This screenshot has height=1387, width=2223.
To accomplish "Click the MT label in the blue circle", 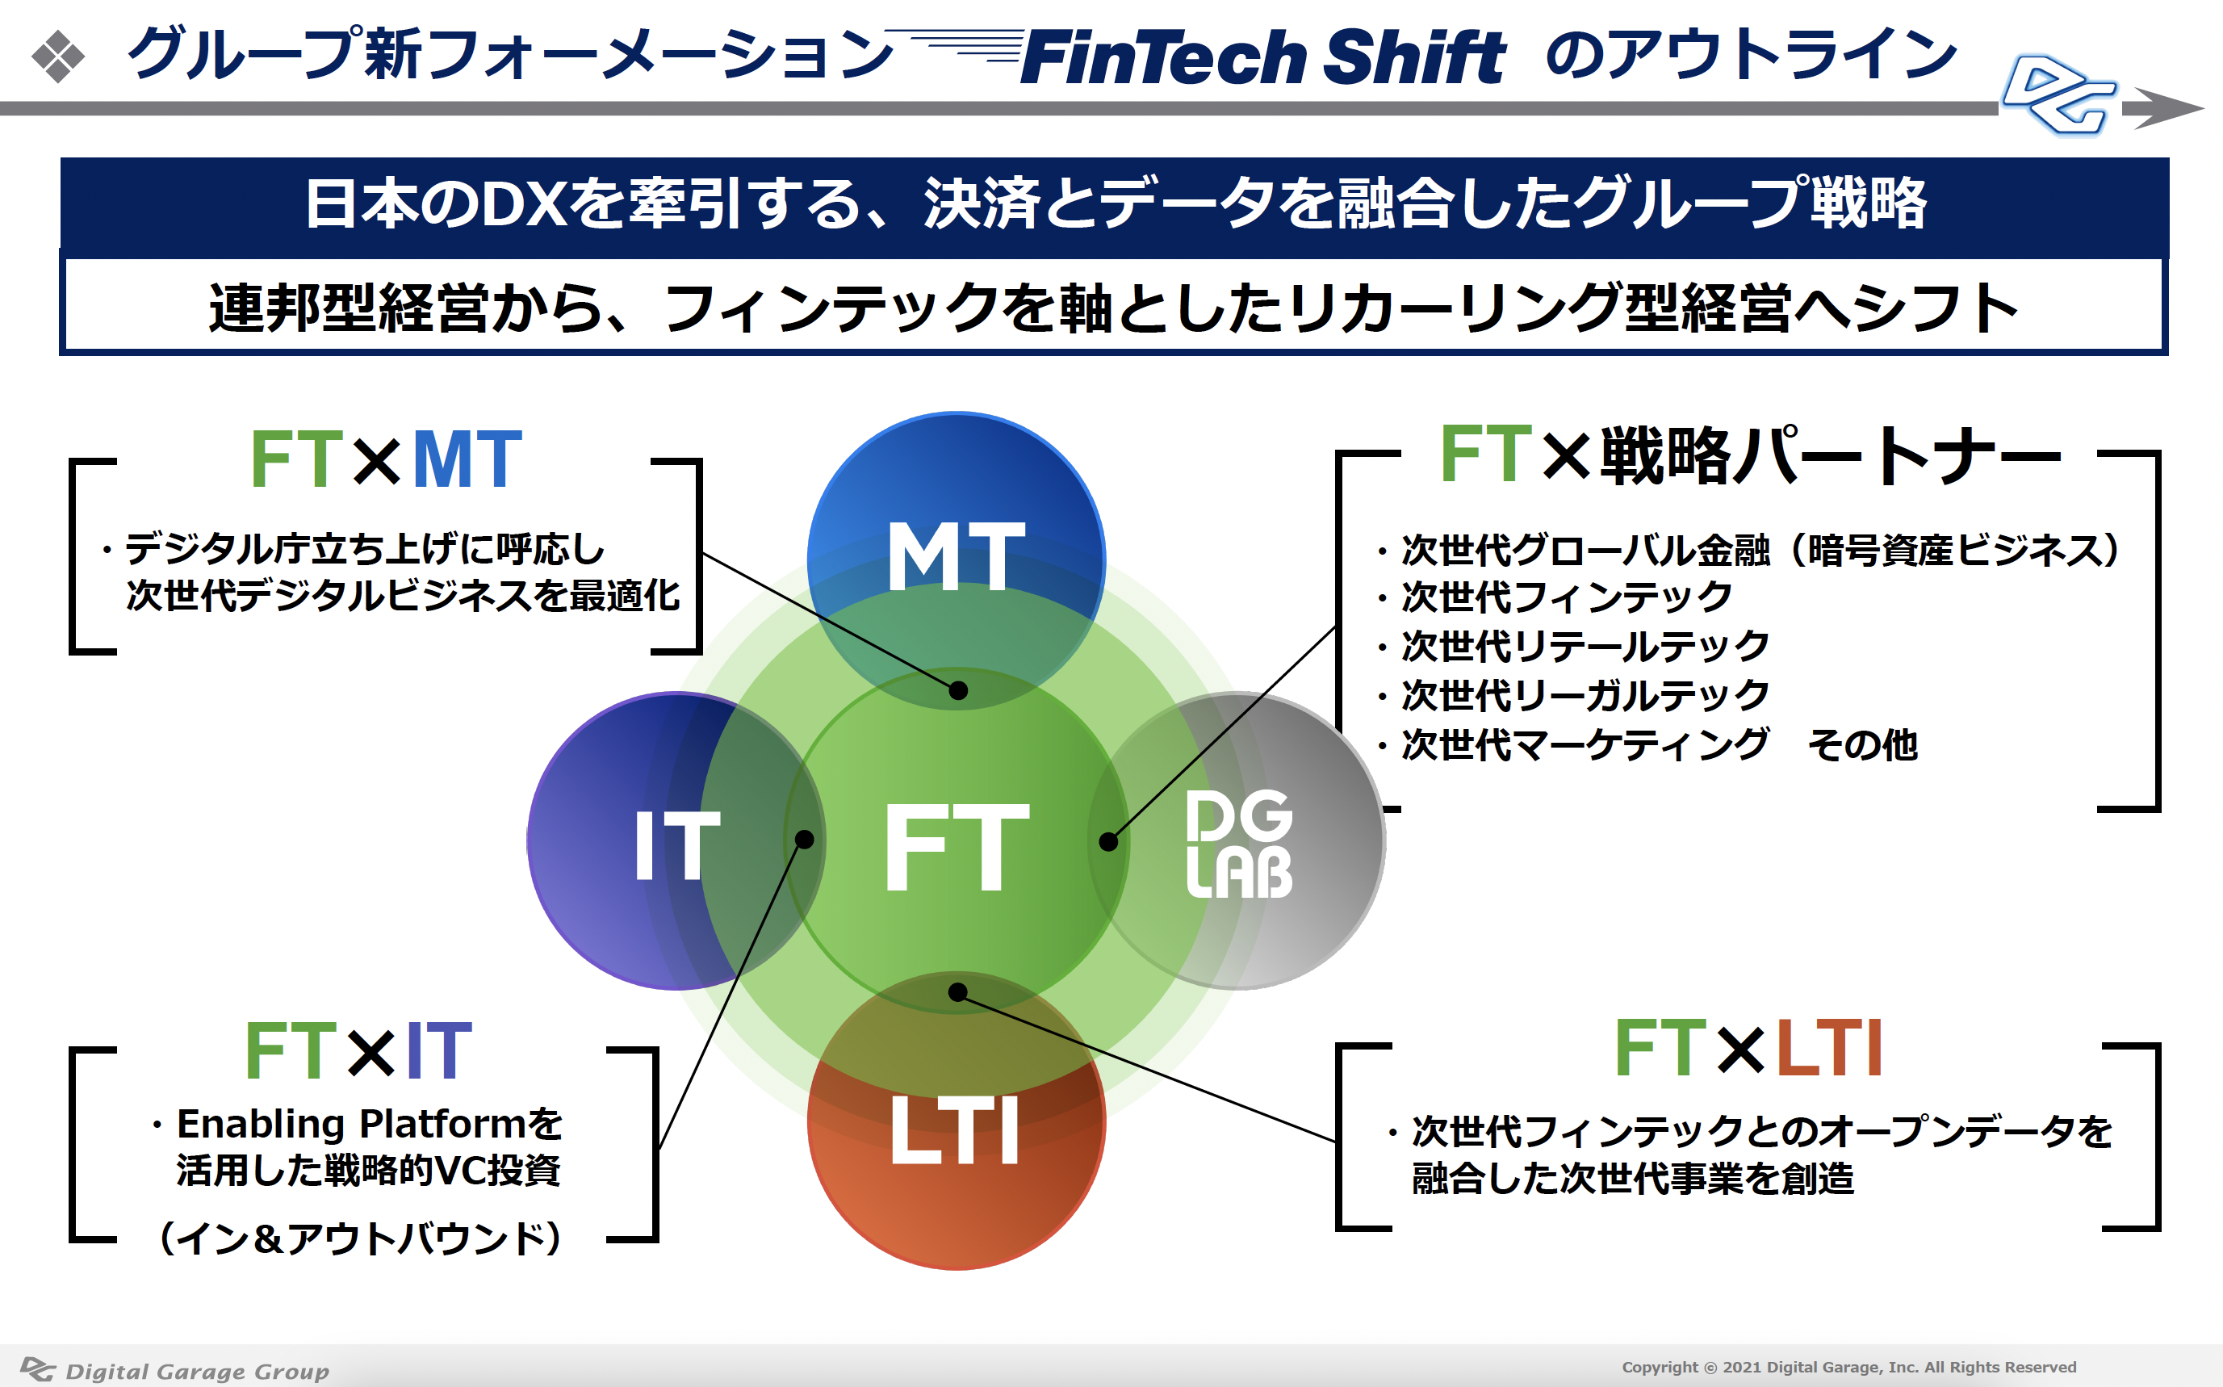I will [x=956, y=556].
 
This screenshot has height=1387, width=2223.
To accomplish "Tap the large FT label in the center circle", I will [x=956, y=846].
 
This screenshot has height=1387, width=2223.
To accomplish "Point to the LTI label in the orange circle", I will [x=956, y=1130].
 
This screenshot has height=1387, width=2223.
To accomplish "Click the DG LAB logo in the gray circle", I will [x=1238, y=844].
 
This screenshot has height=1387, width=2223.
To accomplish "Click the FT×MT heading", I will [x=385, y=459].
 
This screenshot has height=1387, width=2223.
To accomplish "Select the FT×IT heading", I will [x=358, y=1050].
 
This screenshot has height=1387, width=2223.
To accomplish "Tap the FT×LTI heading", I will [x=1748, y=1049].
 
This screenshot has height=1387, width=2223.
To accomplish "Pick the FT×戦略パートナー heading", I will [x=1750, y=455].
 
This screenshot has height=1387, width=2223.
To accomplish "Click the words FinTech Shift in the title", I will [x=1262, y=57].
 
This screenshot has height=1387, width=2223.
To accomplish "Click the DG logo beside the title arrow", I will [x=2059, y=96].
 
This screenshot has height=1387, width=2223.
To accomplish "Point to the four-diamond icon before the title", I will [x=58, y=57].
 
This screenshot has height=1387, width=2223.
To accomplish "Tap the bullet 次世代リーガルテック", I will [x=1585, y=695].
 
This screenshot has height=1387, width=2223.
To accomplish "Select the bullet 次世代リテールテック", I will [x=1585, y=647].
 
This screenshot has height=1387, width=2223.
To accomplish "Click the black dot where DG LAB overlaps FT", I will [x=1107, y=842].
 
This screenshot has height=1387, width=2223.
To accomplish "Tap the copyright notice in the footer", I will [x=1848, y=1367].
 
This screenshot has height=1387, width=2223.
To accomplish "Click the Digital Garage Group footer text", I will [x=196, y=1371].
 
